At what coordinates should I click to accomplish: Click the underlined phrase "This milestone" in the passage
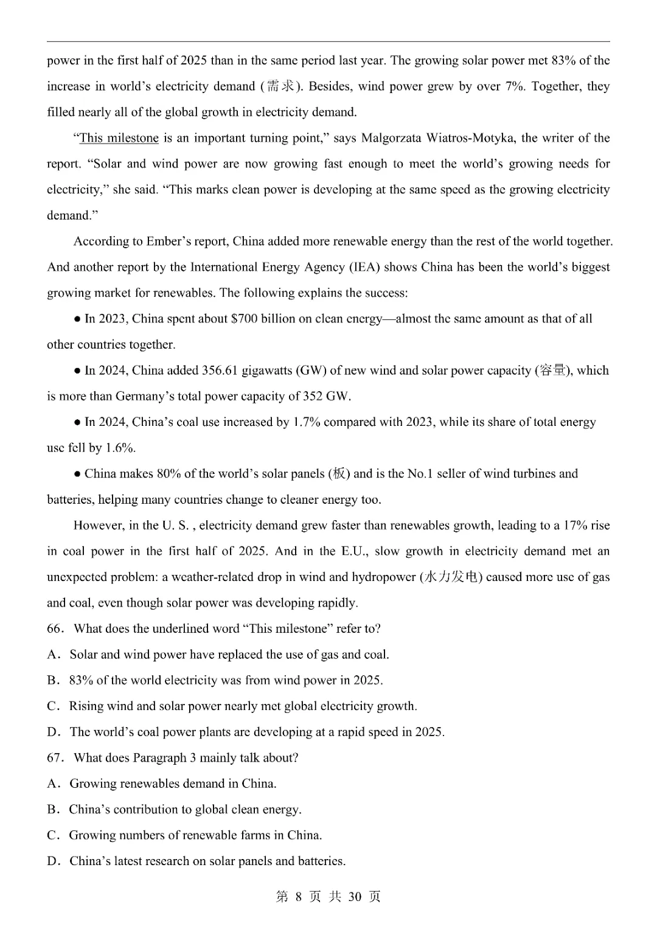pos(119,138)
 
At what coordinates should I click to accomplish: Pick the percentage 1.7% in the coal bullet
pos(307,422)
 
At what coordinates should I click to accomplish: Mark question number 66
pos(55,629)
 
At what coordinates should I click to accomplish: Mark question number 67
pos(55,758)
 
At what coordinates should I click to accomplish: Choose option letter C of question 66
pos(52,706)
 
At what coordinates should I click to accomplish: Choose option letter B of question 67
pos(52,810)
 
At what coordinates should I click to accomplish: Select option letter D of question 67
pos(52,861)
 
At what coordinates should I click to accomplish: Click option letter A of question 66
pos(52,655)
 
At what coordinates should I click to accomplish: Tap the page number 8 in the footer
pos(298,897)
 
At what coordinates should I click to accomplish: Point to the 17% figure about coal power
pos(574,526)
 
